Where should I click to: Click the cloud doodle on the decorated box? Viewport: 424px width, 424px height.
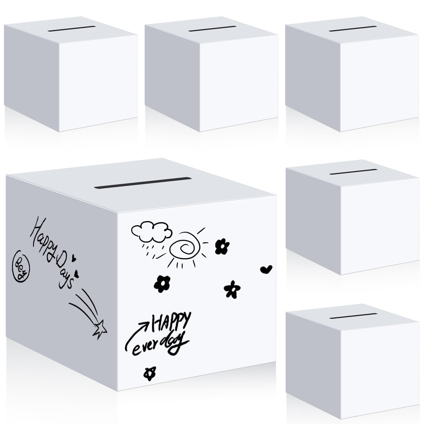coord(152,231)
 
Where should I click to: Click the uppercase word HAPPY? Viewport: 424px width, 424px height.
coord(171,322)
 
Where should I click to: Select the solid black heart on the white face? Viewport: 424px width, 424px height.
coord(266,269)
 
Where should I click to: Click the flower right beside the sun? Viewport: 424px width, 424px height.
coord(222,247)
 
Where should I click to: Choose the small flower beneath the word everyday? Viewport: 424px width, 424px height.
coord(150,373)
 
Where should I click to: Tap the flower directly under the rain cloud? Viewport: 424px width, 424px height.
coord(162,284)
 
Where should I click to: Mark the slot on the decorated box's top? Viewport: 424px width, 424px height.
coord(143,183)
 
